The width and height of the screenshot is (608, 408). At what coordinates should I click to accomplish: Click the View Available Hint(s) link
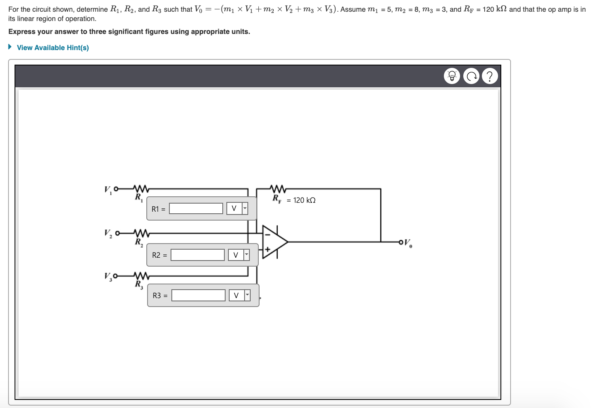53,48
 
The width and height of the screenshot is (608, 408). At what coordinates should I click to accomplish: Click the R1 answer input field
196,208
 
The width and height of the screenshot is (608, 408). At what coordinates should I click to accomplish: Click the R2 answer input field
198,255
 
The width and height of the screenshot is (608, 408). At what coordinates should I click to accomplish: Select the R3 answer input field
198,295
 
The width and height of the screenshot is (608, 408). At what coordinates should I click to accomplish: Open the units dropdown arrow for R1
245,208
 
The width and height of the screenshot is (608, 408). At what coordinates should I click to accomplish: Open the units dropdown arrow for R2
247,255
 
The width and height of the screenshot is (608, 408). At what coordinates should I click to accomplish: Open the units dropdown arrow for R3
247,295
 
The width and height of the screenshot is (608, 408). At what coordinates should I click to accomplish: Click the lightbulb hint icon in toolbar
452,76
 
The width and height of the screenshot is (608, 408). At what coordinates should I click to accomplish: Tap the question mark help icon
490,76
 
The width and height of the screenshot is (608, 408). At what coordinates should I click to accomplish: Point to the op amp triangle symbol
274,242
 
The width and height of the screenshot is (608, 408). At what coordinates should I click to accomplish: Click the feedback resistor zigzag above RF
278,189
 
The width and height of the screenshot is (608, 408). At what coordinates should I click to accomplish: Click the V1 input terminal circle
116,189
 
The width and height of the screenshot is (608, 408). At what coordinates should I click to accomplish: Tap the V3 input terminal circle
116,276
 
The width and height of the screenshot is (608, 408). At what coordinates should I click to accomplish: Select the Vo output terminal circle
401,242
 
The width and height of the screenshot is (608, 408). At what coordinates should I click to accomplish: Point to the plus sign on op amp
267,249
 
